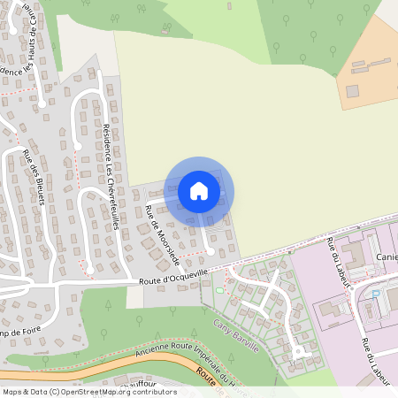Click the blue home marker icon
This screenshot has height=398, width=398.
[199, 190]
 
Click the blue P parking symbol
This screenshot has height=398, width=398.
[376, 292]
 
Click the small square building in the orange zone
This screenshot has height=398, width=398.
[352, 90]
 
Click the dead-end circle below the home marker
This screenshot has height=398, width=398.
[210, 252]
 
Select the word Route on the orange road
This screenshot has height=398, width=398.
[209, 379]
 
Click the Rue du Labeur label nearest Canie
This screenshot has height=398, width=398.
[337, 261]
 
